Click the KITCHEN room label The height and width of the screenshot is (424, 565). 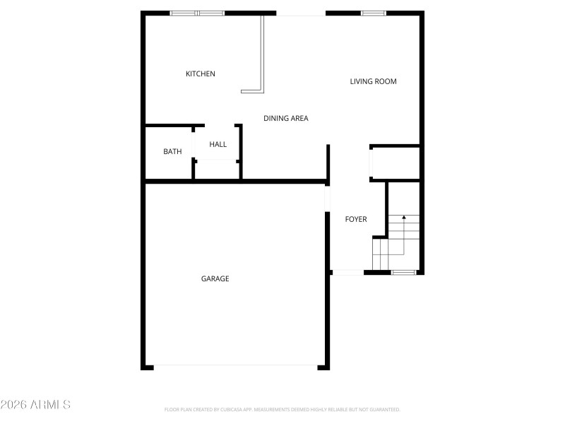[x=201, y=74]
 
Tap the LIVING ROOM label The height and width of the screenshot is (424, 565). [x=373, y=81]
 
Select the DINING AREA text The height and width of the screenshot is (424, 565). [x=286, y=119]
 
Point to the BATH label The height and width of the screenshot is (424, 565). [x=172, y=151]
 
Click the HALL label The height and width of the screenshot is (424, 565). [x=218, y=145]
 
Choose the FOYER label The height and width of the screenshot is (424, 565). [x=356, y=219]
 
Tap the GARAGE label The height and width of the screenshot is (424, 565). [x=215, y=279]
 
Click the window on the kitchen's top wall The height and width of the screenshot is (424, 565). [x=197, y=13]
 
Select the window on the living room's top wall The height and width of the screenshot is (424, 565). [x=373, y=13]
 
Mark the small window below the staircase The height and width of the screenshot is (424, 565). [x=403, y=272]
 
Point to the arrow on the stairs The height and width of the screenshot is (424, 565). [x=403, y=219]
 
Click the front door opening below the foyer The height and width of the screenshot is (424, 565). [x=347, y=272]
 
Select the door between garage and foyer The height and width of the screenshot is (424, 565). [x=328, y=198]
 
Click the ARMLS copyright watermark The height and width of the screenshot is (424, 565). [x=35, y=405]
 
